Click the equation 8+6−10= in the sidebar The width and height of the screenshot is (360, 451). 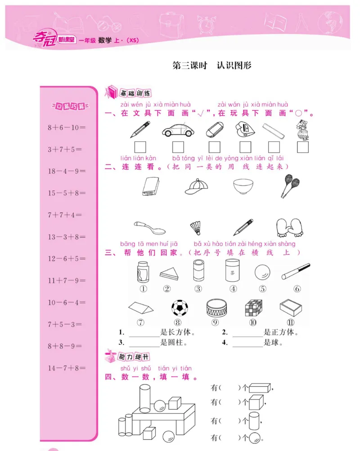(x=67, y=127)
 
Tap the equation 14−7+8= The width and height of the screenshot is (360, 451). (x=67, y=368)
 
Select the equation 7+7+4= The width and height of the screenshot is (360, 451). (x=65, y=215)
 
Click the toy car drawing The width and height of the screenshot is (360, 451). (x=178, y=130)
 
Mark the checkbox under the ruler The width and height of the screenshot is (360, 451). (x=274, y=147)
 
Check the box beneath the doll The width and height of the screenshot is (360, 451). (x=302, y=147)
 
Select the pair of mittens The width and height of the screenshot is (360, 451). (x=288, y=227)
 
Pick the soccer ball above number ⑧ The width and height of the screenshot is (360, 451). (x=179, y=308)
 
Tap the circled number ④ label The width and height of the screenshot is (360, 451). (x=233, y=289)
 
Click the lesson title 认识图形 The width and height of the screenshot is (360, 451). (x=234, y=65)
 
